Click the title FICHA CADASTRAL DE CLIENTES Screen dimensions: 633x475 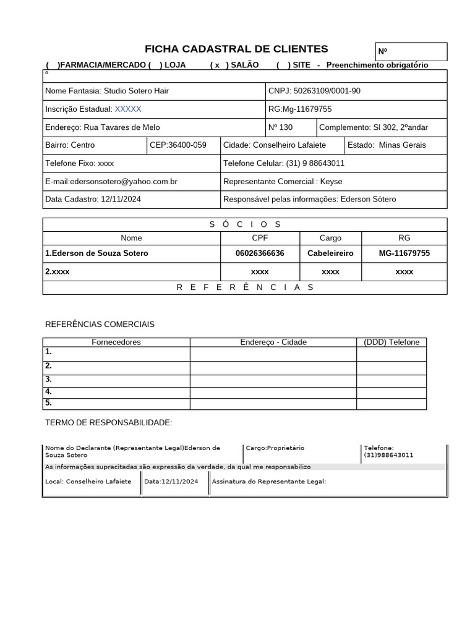pos(236,49)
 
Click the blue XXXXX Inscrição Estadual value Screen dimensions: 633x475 pos(128,109)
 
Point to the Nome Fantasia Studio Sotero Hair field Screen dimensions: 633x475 pos(107,91)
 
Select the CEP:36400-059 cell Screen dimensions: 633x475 pos(178,145)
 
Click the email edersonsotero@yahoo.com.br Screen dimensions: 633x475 pos(111,182)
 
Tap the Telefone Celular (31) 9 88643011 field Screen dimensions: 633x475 pos(284,163)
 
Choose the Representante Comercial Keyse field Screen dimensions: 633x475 pos(283,182)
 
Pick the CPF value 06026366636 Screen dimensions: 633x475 pos(260,253)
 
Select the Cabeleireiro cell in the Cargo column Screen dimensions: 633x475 pos(330,253)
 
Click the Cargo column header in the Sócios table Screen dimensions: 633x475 pos(330,237)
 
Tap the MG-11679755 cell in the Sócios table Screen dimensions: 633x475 pos(404,253)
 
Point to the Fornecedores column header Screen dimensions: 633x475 pos(116,342)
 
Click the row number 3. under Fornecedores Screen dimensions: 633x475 pos(48,380)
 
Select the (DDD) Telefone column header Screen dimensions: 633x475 pos(392,342)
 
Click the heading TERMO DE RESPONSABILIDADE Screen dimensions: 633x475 pos(109,422)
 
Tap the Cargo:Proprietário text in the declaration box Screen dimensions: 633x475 pos(275,448)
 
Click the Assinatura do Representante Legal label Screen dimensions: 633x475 pos(268,482)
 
